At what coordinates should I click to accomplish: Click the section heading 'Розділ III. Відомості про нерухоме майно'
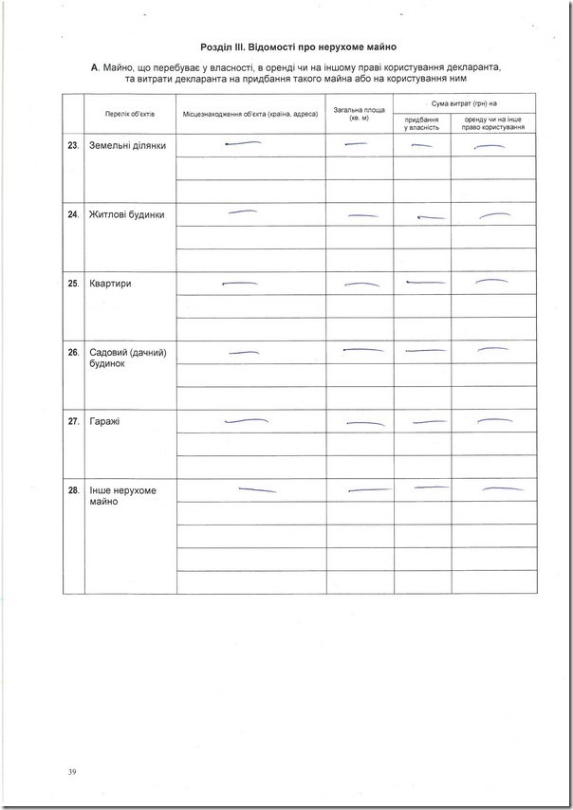tap(298, 46)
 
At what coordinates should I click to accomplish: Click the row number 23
tap(73, 146)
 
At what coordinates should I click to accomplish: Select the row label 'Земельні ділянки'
tap(127, 146)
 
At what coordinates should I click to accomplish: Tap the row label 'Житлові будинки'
tap(126, 214)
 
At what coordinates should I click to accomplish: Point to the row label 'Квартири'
tap(109, 284)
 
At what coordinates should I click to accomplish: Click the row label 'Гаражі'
tap(105, 421)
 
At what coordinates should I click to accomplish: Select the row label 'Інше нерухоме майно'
tap(121, 496)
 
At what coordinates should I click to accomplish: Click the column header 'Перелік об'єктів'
tap(130, 114)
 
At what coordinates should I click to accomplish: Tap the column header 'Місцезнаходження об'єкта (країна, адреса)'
tap(250, 114)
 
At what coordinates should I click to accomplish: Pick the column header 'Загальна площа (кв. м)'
tap(359, 114)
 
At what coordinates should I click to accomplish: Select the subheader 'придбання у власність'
tap(421, 123)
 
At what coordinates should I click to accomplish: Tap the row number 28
tap(73, 490)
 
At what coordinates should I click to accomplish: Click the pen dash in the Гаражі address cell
tap(245, 419)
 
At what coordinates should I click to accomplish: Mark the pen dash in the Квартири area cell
tap(360, 285)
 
